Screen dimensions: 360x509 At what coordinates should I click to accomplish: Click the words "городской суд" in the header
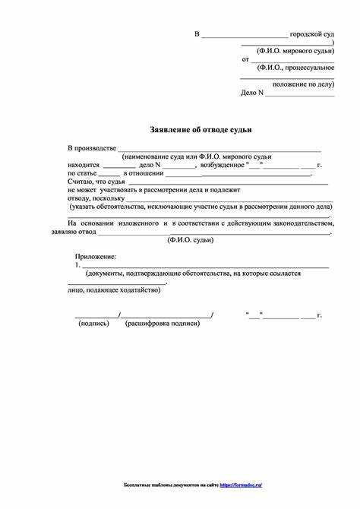312,35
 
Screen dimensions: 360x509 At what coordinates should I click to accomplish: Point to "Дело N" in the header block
252,93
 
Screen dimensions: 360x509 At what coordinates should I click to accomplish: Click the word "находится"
83,164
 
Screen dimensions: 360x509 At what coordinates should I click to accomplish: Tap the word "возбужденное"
223,164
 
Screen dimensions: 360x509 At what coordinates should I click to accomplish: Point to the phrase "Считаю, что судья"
95,182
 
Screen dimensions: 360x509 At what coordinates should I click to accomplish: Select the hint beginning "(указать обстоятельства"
200,207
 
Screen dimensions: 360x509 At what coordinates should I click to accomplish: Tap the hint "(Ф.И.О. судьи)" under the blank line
191,240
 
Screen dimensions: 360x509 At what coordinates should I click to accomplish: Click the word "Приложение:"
96,259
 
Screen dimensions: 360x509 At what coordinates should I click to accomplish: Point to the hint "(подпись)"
94,323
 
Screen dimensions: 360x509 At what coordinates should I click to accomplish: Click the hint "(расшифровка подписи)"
163,323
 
